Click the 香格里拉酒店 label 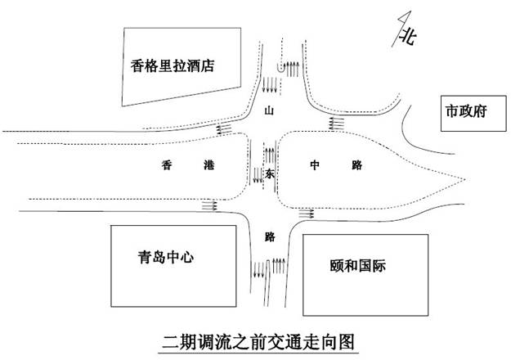[x=173, y=66]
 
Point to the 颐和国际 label [x=359, y=265]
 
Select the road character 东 [x=270, y=173]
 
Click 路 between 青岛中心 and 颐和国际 [x=270, y=236]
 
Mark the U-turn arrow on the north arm [x=289, y=67]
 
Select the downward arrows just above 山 [x=269, y=84]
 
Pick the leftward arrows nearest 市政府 [x=334, y=123]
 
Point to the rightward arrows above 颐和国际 [x=307, y=214]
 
